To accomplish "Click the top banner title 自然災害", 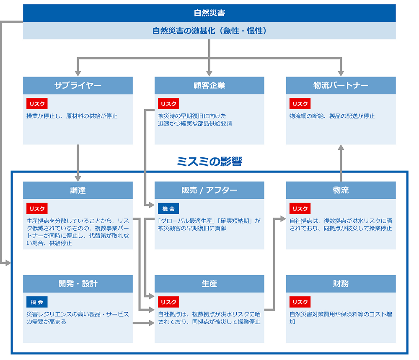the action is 209,13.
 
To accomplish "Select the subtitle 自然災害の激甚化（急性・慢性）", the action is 209,31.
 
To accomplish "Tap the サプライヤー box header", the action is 78,85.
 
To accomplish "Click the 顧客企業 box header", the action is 209,85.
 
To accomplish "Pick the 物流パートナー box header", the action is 341,85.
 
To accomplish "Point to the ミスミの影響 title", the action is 209,162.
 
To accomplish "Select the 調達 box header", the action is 78,190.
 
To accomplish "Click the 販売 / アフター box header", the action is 209,190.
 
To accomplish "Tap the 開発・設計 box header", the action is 78,284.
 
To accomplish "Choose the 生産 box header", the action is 209,284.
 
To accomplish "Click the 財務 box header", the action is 341,284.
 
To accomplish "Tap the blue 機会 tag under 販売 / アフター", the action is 168,208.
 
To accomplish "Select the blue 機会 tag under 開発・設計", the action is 37,302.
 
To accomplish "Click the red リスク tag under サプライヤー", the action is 37,104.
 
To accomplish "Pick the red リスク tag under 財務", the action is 300,302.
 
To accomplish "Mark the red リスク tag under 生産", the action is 168,302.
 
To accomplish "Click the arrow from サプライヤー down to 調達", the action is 78,163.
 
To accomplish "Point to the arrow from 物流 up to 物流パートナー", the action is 341,163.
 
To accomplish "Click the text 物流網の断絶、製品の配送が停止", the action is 332,116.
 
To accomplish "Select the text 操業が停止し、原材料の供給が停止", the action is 72,116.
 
